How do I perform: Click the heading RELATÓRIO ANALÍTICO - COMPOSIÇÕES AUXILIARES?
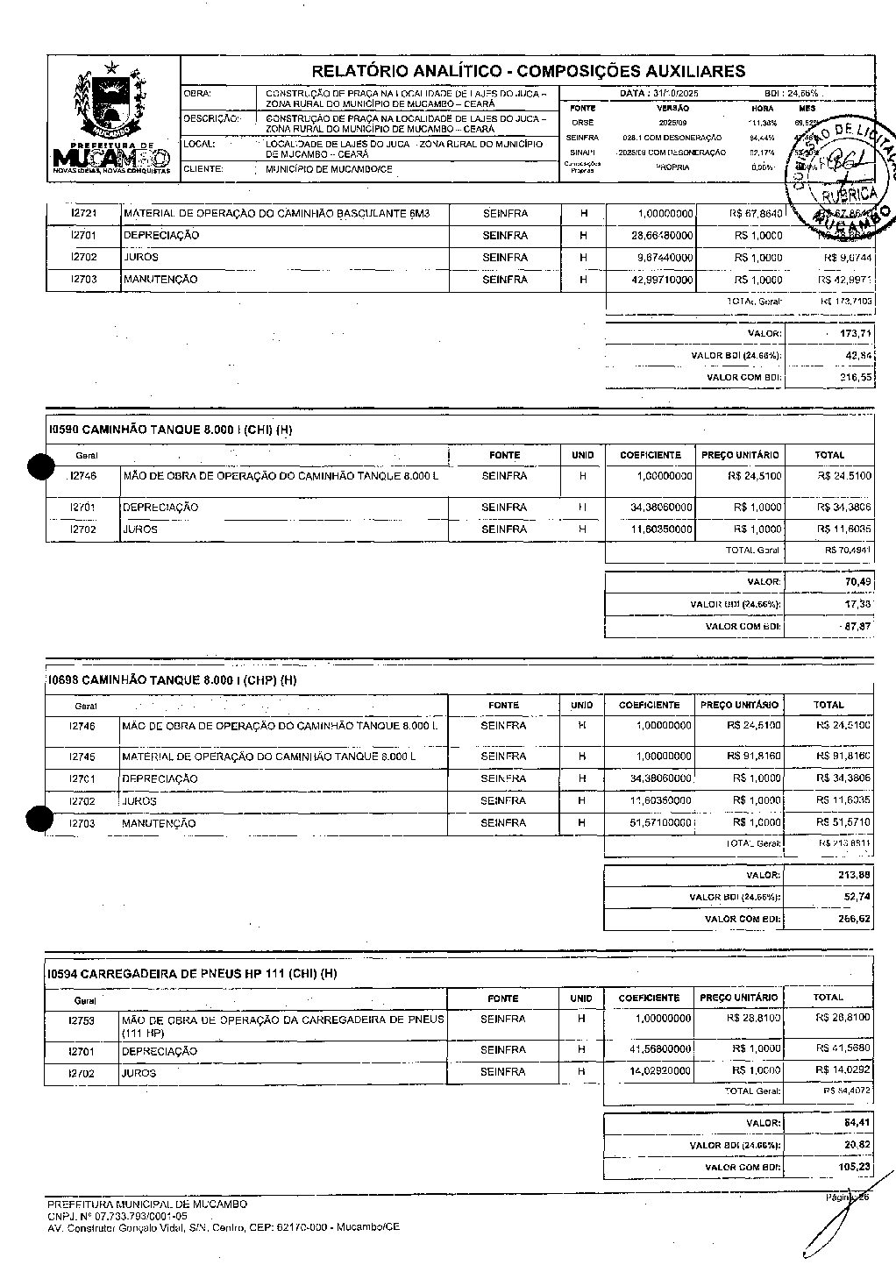tap(528, 71)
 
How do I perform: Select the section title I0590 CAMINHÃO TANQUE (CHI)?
tap(170, 430)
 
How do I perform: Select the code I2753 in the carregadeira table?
tap(81, 1020)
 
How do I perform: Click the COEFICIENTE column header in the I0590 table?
tap(650, 455)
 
